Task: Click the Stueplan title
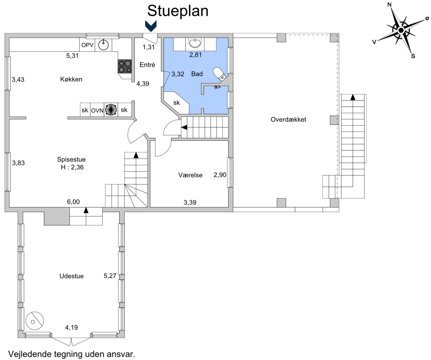tap(178, 11)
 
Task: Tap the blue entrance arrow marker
tap(151, 26)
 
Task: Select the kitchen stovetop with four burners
tap(125, 66)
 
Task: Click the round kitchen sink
tap(103, 45)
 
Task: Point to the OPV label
tap(87, 45)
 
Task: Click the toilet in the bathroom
tap(220, 74)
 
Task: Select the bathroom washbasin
tap(195, 43)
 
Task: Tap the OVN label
tap(97, 111)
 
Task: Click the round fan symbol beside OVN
tap(111, 110)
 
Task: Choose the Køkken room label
tap(71, 79)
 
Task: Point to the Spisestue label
tap(71, 159)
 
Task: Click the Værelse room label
tap(190, 175)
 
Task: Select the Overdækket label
tap(288, 119)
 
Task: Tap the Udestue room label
tap(72, 276)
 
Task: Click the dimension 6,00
tap(73, 202)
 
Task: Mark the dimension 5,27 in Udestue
tap(110, 276)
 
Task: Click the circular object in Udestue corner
tap(34, 321)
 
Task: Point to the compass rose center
tap(401, 30)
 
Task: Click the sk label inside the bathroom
tap(176, 103)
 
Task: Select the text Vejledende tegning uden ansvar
tap(72, 354)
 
